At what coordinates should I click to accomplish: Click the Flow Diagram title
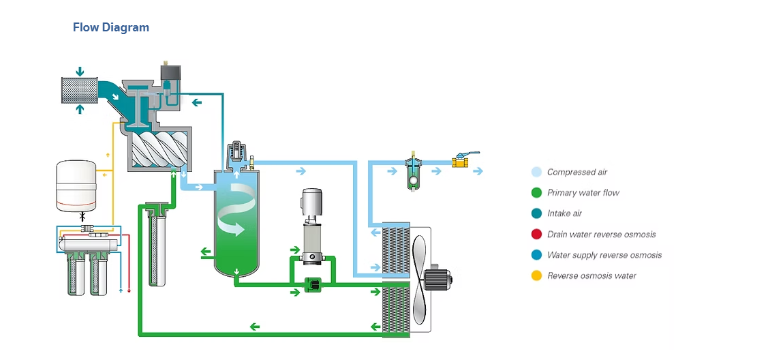click(x=110, y=28)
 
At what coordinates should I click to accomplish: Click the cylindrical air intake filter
click(x=80, y=90)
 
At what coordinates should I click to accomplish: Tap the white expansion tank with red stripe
click(x=76, y=183)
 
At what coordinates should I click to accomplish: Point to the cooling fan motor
click(x=436, y=278)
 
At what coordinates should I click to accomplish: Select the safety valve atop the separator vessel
click(x=238, y=153)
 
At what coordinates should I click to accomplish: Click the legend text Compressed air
click(x=577, y=172)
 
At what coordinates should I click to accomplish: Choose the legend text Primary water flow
click(x=583, y=193)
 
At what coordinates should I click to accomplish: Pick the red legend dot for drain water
click(x=536, y=235)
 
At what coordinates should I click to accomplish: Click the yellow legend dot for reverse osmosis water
click(x=536, y=276)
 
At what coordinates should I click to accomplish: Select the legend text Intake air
click(x=564, y=213)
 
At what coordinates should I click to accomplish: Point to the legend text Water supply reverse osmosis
click(x=604, y=255)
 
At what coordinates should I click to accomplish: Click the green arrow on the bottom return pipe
click(x=254, y=327)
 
